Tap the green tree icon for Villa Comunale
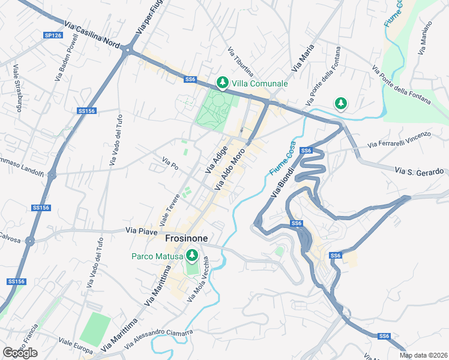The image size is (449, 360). [223, 82]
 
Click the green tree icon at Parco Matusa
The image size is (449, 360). [192, 256]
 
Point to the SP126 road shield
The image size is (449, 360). [53, 35]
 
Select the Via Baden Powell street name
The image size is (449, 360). [67, 58]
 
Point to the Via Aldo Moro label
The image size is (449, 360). [229, 169]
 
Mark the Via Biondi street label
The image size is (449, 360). [285, 179]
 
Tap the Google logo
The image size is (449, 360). [20, 353]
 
